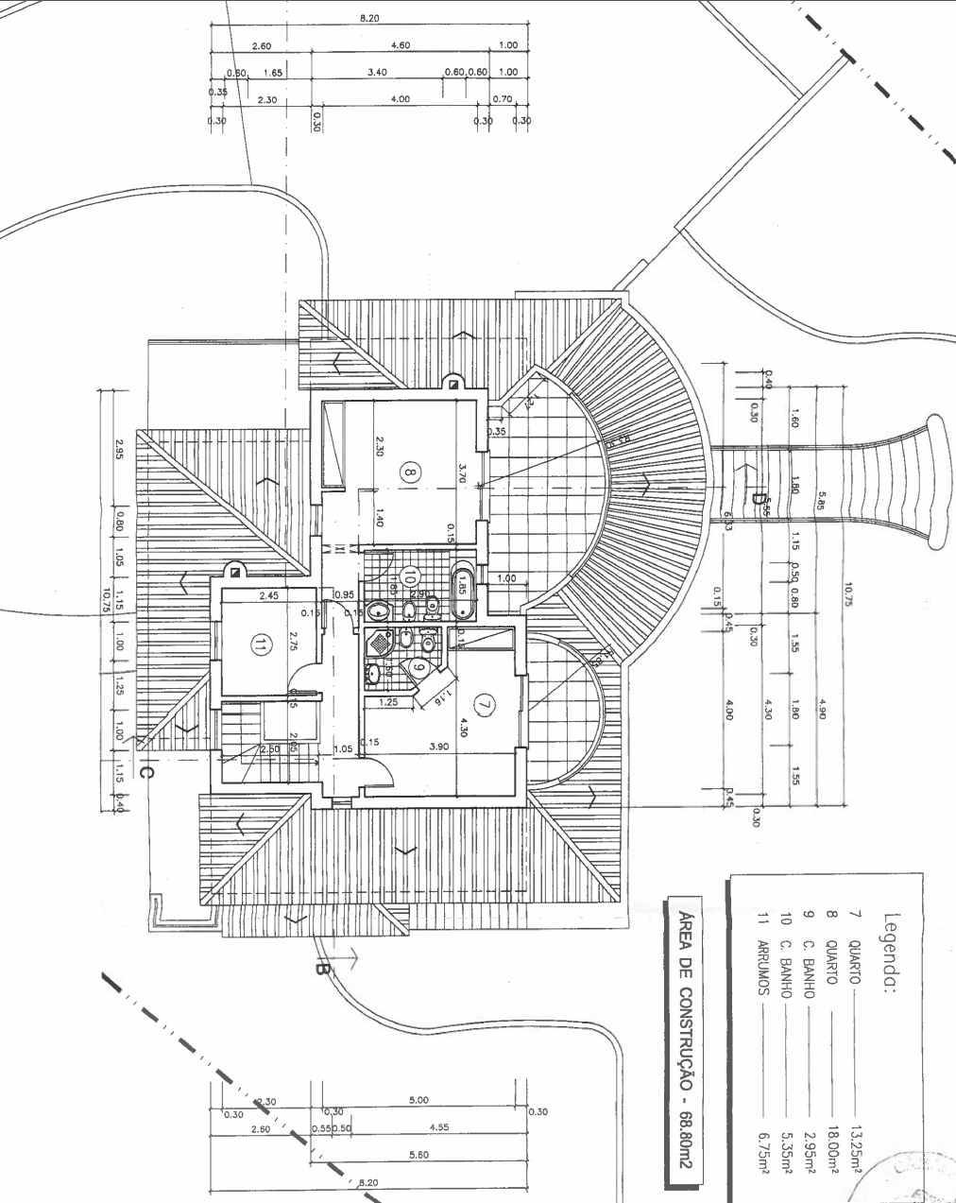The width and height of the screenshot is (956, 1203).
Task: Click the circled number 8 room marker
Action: point(409,471)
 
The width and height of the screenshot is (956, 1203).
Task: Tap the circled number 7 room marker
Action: point(485,703)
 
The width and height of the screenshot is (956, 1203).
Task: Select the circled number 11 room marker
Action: point(260,645)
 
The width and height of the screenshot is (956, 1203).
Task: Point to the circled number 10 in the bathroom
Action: point(409,575)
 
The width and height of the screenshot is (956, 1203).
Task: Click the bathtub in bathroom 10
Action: point(464,593)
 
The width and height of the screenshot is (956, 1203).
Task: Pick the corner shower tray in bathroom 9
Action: point(379,642)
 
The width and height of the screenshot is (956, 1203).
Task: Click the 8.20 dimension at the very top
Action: point(369,18)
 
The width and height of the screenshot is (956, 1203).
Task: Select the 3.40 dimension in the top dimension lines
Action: point(377,72)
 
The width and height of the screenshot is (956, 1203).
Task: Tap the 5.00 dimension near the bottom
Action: point(418,1100)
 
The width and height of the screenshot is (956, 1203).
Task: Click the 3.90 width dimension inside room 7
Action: point(438,746)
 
